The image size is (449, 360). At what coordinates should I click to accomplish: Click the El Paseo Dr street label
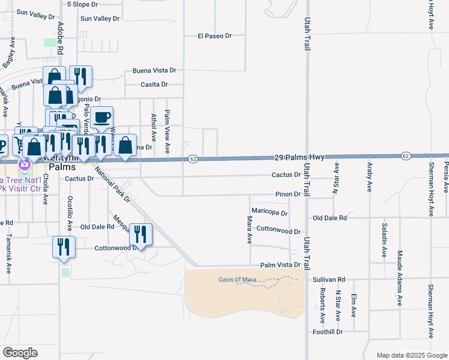click(214, 36)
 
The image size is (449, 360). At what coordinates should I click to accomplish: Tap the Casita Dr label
click(155, 84)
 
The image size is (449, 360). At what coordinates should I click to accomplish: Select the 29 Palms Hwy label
click(300, 157)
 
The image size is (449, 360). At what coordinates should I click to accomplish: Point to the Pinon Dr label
click(288, 194)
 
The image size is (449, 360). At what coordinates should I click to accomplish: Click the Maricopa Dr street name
click(270, 212)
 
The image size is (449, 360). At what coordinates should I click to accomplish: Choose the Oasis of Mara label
click(237, 280)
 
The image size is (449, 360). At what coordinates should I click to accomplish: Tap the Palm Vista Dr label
click(280, 265)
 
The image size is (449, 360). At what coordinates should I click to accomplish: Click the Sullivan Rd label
click(329, 280)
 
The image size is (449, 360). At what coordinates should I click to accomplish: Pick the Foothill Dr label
click(327, 331)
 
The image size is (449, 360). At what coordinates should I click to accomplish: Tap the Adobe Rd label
click(60, 38)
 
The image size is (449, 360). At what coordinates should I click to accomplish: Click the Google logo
click(20, 353)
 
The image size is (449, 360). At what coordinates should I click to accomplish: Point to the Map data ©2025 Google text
click(411, 355)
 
